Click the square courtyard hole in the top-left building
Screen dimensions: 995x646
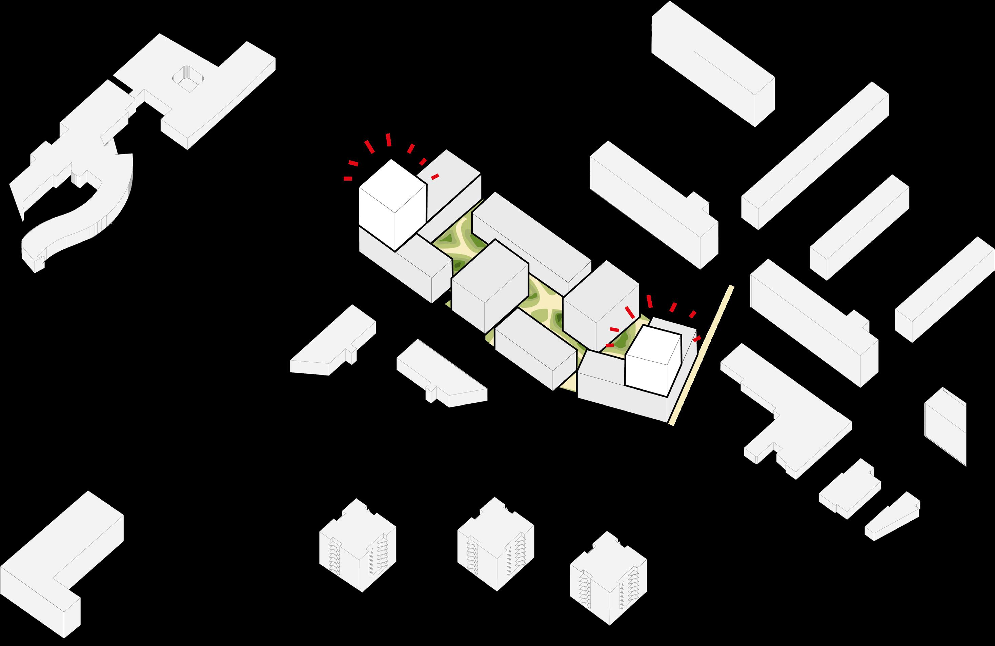[188, 79]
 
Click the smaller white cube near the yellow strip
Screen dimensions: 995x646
[652, 360]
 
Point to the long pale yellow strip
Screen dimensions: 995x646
[702, 356]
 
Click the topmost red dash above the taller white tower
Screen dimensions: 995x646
[388, 140]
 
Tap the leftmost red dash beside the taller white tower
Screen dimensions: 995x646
[347, 179]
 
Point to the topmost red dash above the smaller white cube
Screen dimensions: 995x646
[650, 301]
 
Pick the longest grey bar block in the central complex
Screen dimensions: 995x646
[531, 238]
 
